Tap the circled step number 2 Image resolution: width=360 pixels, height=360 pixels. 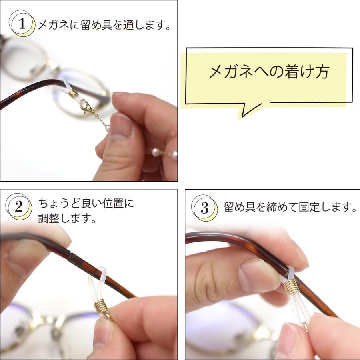pos(19,207)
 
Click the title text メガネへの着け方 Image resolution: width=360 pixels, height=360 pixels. pos(269,72)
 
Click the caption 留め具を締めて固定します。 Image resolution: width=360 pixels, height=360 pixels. pos(290,208)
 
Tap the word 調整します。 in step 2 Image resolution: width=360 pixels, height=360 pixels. pos(67,218)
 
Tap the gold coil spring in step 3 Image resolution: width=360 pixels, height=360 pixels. pos(292,286)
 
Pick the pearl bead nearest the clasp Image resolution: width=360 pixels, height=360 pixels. pos(108,128)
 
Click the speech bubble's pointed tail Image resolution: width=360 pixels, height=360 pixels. pos(245,112)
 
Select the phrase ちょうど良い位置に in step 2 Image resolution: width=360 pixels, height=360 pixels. pos(86,204)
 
